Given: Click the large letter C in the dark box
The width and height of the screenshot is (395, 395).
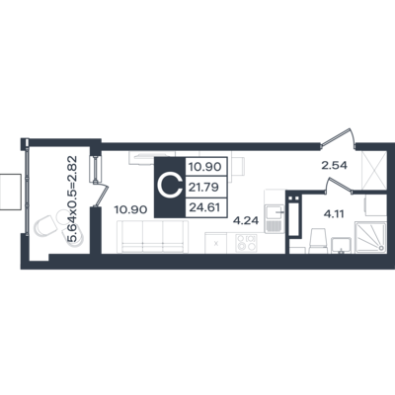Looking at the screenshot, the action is [170, 188].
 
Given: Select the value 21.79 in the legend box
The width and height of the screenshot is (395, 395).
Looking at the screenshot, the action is [203, 188].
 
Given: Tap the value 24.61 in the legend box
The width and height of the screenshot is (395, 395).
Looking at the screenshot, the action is [203, 207].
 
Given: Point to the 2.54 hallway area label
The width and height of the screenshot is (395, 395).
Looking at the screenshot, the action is [335, 165].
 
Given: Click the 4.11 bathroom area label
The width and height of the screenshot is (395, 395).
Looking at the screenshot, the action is [334, 214].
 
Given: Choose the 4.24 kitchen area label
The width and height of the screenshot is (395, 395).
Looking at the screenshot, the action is [246, 220].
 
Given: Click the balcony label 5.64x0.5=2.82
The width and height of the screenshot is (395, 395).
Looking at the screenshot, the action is [72, 198].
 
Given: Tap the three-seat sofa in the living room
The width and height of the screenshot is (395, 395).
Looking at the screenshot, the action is [153, 237].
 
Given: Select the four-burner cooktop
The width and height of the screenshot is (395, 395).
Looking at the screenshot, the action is [246, 243].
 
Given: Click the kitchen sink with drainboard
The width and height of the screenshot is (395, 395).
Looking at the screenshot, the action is [275, 218].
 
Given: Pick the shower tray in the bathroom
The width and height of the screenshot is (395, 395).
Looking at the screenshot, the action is [370, 237].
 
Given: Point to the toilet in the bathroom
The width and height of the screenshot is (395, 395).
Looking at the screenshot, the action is [318, 241].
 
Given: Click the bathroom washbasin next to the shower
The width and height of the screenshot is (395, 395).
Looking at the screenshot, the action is [341, 245].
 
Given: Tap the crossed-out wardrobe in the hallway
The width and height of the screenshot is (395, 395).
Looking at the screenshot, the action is [374, 171].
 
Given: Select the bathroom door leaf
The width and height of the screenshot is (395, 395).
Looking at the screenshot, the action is [338, 184].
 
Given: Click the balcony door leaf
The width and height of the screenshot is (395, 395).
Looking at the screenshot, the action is [103, 196].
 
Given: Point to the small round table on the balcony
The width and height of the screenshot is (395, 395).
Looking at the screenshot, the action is [62, 217].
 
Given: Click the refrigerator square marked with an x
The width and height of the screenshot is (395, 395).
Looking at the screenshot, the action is [215, 243].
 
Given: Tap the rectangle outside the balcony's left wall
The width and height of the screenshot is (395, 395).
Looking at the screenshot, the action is [11, 192].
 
